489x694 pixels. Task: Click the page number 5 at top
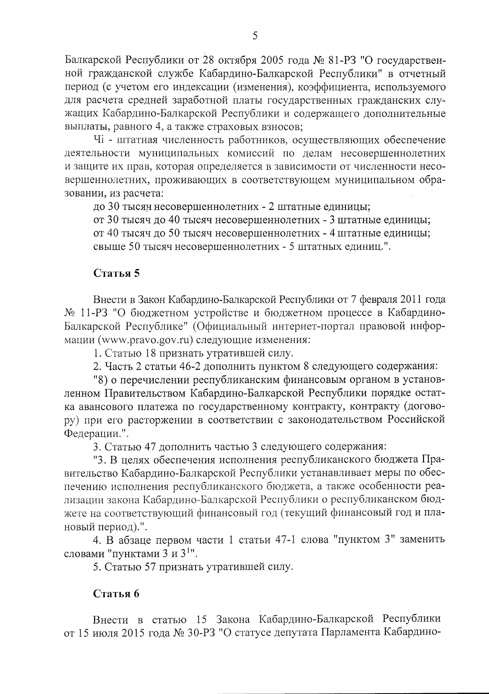point(255,36)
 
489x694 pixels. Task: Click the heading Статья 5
point(117,273)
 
